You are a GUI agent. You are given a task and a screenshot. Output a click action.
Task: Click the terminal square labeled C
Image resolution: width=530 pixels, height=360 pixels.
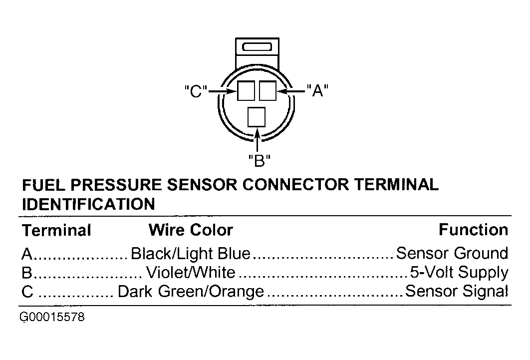[x=246, y=90]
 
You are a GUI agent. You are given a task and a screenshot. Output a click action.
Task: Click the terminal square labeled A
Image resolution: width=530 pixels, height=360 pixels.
[x=267, y=90]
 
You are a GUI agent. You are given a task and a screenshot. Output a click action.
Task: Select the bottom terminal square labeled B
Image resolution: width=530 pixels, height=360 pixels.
[x=257, y=117]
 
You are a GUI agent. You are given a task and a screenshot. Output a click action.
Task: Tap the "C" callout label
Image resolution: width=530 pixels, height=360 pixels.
[x=196, y=91]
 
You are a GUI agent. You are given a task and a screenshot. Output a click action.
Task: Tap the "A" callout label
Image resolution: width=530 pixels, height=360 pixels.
[x=317, y=90]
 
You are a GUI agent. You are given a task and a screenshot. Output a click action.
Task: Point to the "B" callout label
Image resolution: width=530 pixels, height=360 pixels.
[x=259, y=161]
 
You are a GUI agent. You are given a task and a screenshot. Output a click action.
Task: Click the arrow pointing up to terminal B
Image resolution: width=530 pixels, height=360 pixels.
[x=258, y=139]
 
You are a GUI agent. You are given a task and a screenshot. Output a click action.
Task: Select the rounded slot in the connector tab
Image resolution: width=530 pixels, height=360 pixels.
[x=257, y=47]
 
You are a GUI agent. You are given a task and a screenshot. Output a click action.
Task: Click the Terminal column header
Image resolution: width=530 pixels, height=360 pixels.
[x=56, y=231]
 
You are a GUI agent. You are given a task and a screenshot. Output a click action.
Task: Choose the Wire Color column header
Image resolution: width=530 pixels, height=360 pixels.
[x=191, y=230]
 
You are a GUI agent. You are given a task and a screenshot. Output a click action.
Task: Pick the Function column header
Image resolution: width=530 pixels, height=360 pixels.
[x=473, y=230]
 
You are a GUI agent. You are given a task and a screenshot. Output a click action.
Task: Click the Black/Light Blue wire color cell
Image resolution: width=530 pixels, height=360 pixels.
[x=191, y=254]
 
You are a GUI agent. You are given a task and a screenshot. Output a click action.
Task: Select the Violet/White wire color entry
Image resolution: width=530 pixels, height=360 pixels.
[x=191, y=273]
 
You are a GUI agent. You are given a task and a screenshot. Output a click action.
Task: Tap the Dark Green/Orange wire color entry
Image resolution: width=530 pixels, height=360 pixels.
[x=191, y=292]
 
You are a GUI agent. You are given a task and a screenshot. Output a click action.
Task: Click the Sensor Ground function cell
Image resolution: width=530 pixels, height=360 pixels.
[x=452, y=253]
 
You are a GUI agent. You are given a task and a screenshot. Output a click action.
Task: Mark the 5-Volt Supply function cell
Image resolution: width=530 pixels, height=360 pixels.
[x=459, y=273]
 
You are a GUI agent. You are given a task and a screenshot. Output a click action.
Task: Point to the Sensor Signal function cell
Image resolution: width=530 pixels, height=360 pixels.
[x=457, y=291]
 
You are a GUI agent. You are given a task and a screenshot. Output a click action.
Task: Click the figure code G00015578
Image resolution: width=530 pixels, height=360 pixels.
[x=52, y=317]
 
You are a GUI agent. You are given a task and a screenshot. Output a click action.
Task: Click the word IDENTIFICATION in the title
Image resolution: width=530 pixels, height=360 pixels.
[x=88, y=204]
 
